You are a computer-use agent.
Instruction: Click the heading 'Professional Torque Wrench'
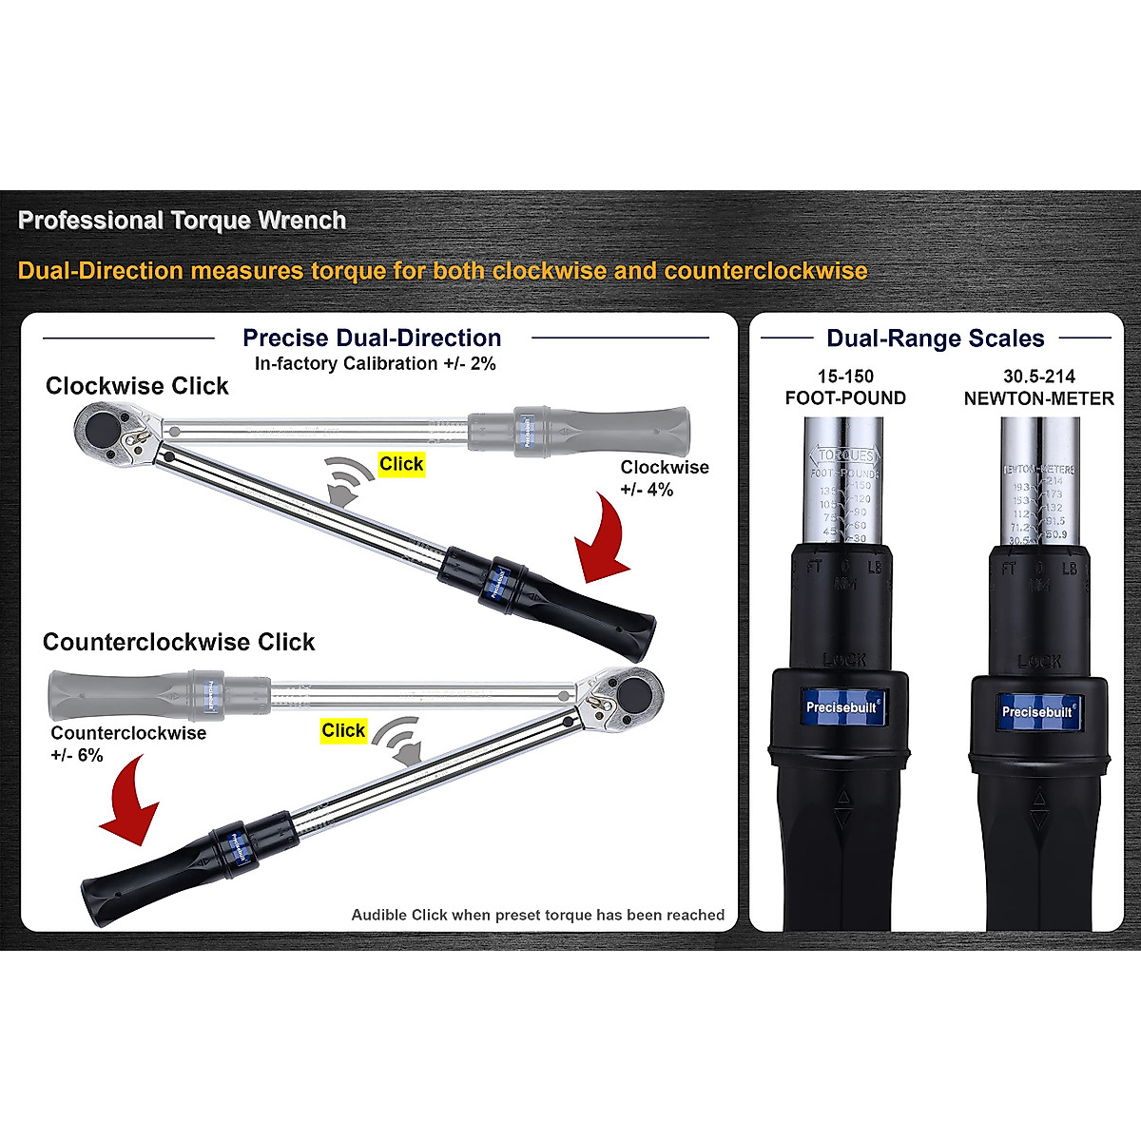click(182, 221)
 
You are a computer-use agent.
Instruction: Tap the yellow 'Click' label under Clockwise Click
click(401, 464)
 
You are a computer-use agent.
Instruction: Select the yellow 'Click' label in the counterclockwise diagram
click(343, 730)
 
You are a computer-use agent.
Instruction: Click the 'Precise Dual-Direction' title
click(372, 338)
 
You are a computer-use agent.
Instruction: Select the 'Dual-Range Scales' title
click(935, 338)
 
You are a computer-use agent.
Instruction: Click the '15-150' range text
click(845, 377)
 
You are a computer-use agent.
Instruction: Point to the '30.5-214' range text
click(1039, 377)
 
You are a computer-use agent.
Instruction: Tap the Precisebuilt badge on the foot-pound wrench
click(841, 706)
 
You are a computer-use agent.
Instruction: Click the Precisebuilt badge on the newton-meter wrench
click(1037, 711)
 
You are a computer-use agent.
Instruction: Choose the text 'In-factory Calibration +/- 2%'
click(375, 363)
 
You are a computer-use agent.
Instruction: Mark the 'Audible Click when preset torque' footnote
click(537, 915)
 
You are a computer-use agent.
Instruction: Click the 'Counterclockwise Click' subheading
click(179, 642)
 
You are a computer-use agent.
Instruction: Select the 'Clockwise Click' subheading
click(137, 386)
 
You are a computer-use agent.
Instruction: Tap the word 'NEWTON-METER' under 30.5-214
click(1038, 398)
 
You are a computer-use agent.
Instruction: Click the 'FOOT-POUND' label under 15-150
click(845, 398)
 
